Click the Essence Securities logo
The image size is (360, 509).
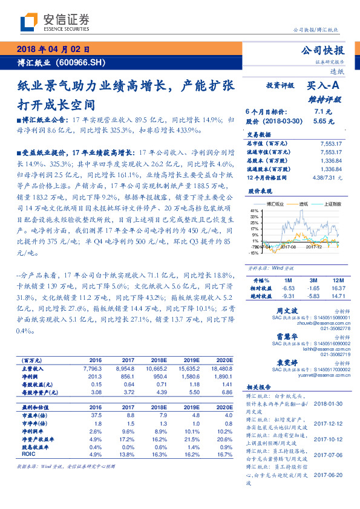click(55, 22)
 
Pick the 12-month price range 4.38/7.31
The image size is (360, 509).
click(327, 177)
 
